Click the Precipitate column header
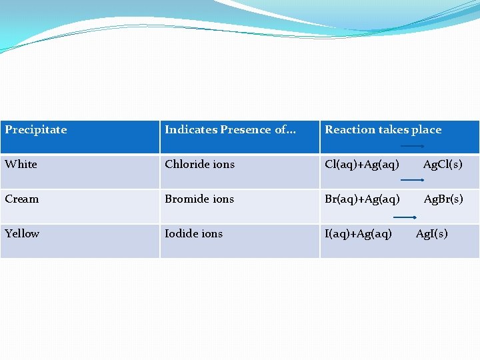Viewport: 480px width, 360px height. pos(36,130)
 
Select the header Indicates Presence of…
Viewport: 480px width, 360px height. pos(230,130)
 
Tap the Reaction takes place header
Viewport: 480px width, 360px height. pos(383,130)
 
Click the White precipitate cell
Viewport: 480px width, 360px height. pos(21,165)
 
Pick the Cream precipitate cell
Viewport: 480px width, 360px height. pos(22,199)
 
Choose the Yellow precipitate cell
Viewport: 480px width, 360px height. pos(22,234)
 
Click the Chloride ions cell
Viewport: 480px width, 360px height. pos(199,165)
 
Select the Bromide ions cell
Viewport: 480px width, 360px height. pos(199,199)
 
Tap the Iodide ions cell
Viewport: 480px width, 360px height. pos(193,234)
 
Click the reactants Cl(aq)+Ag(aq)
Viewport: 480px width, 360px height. pos(362,165)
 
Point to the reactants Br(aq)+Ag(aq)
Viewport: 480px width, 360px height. pos(362,199)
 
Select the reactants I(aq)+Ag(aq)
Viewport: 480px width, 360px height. pos(358,234)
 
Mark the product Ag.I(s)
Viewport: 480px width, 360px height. pos(432,234)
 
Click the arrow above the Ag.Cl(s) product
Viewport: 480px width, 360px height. pos(413,145)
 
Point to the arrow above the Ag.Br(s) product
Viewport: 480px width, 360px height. pos(413,180)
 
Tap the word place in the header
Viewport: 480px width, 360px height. pos(425,130)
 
